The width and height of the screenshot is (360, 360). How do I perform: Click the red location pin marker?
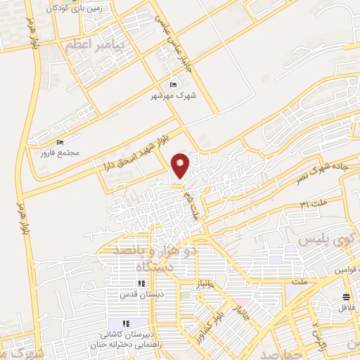click(x=181, y=165)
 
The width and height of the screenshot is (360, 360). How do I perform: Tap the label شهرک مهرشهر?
click(x=173, y=94)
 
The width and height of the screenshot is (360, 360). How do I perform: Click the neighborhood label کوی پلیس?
click(x=328, y=240)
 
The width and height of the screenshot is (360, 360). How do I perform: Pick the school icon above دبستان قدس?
click(x=141, y=283)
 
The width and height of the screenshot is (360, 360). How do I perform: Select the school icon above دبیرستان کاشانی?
click(x=133, y=321)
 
